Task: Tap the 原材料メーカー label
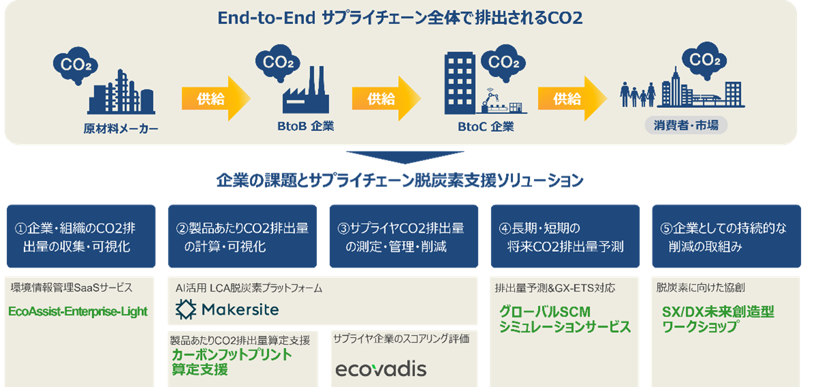(x=121, y=128)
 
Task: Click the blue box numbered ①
(x=81, y=236)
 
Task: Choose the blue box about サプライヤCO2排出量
(x=404, y=236)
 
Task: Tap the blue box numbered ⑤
(x=727, y=236)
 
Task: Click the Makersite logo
(x=227, y=309)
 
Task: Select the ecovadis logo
(x=380, y=369)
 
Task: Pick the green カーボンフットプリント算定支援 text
(x=231, y=362)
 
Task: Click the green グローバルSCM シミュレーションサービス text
(x=565, y=319)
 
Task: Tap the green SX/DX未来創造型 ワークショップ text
(x=718, y=319)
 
